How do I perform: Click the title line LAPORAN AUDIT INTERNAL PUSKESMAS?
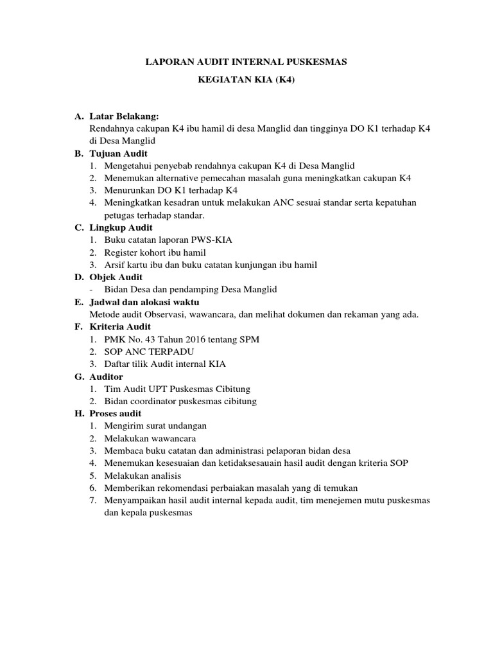[246, 62]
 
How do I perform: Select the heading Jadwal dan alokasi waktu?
[145, 302]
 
